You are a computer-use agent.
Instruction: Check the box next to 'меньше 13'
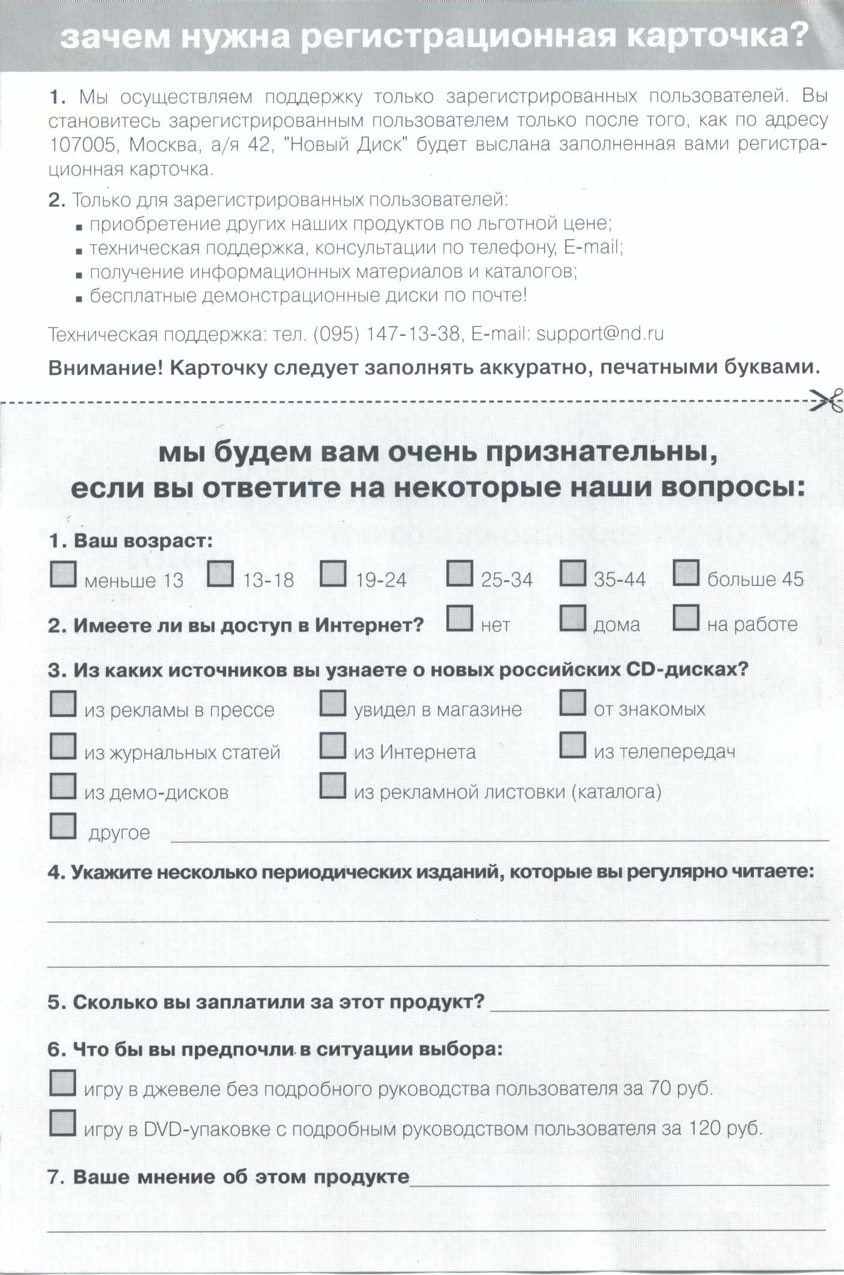coord(63,574)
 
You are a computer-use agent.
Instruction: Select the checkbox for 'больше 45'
coord(686,573)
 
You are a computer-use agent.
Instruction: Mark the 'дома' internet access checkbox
coord(573,619)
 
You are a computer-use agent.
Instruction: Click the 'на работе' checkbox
coord(686,619)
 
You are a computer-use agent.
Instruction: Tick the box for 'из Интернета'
coord(332,746)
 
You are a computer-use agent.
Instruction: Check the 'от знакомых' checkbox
coord(573,703)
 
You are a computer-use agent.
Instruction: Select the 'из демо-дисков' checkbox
coord(63,786)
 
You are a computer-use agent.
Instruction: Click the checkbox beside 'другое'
coord(63,826)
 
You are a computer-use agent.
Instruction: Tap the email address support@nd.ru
coord(599,334)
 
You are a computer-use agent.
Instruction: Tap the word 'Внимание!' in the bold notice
coord(105,368)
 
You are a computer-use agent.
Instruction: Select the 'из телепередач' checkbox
coord(573,746)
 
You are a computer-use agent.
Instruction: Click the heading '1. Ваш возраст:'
coord(130,541)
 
